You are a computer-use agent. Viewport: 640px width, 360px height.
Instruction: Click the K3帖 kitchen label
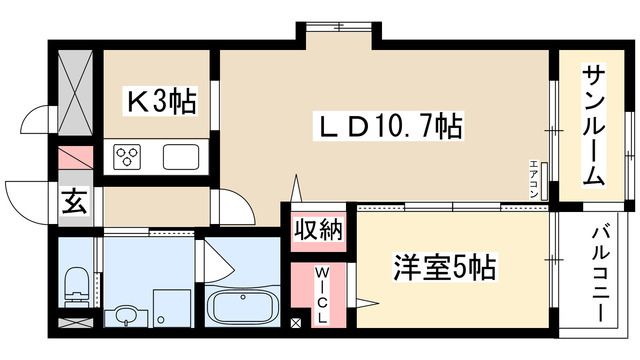160,100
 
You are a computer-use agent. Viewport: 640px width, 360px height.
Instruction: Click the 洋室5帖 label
446,268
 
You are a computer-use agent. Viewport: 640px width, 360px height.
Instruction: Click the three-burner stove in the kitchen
130,157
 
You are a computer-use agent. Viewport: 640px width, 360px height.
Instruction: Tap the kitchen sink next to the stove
182,157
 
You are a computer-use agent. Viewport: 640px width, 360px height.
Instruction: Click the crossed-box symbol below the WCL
296,323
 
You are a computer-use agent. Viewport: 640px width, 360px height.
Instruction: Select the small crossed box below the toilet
74,323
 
